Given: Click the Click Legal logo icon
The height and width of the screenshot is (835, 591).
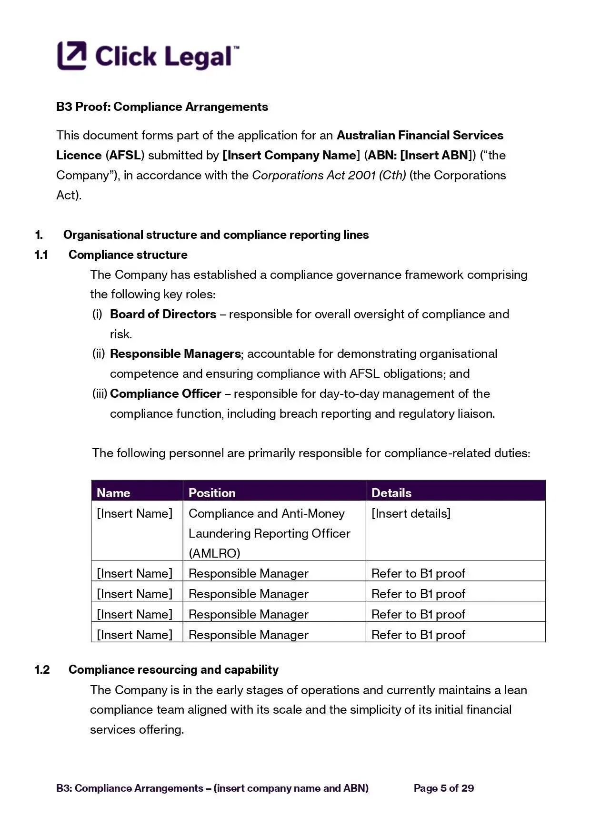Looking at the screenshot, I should pos(72,56).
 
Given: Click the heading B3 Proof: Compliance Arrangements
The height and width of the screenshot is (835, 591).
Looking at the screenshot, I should pos(162,107).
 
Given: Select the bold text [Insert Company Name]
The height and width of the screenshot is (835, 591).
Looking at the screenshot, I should pos(291,155).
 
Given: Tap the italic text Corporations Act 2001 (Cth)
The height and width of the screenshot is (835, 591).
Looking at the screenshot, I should pos(329,175).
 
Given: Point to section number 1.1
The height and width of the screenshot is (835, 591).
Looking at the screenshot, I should pos(41,255).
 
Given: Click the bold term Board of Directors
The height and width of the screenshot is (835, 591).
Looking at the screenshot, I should pos(163,314).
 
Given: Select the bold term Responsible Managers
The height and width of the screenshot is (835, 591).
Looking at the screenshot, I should pos(175,354).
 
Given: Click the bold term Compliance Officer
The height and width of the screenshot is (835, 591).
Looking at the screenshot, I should pos(165,393).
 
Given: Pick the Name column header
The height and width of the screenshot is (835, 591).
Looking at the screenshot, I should pos(113,492).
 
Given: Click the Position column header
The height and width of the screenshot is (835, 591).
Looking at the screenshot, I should pos(212,492).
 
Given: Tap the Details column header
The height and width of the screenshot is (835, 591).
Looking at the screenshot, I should pos(391,492).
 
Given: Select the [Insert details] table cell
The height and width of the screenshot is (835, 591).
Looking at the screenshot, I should pos(411,513).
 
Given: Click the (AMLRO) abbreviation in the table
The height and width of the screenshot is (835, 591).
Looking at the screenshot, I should pos(214,553).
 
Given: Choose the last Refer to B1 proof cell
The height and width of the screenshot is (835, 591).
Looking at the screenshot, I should pos(418,634).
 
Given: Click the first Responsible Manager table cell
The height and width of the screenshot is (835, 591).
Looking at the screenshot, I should pos(248,573).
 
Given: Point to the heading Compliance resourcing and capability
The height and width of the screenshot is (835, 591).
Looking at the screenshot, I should pos(173,669).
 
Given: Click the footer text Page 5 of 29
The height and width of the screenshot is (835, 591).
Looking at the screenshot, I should pos(443,788).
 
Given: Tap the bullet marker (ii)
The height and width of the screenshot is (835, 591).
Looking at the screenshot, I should pos(98,354).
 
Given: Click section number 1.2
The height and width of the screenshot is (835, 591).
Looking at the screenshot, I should pos(42,669).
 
